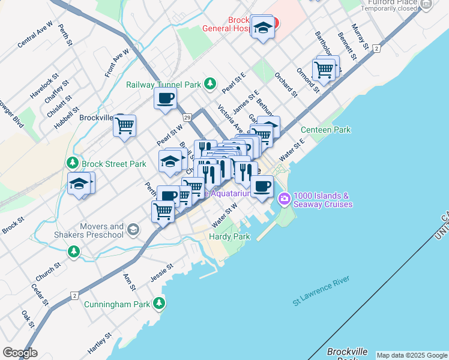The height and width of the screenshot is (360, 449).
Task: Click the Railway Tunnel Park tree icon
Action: pyautogui.click(x=209, y=83)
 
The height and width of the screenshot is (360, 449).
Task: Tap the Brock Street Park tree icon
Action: pyautogui.click(x=73, y=163)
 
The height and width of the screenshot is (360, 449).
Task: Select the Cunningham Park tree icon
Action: pyautogui.click(x=159, y=304)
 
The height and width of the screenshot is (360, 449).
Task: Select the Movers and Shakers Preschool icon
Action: pyautogui.click(x=133, y=229)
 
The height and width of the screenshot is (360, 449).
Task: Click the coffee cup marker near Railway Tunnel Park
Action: pyautogui.click(x=165, y=98)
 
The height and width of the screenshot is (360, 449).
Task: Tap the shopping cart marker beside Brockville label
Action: pyautogui.click(x=125, y=126)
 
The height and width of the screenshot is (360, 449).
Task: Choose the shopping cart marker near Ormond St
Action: pyautogui.click(x=324, y=70)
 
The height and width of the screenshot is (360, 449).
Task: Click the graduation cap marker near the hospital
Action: pyautogui.click(x=262, y=28)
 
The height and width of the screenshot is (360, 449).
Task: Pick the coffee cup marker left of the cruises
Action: pyautogui.click(x=261, y=187)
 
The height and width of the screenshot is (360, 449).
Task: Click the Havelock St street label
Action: pyautogui.click(x=44, y=86)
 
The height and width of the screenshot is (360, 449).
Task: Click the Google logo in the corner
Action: pyautogui.click(x=20, y=353)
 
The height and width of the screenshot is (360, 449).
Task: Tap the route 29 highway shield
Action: pyautogui.click(x=187, y=117)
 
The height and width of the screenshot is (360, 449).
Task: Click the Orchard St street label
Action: pyautogui.click(x=286, y=85)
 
